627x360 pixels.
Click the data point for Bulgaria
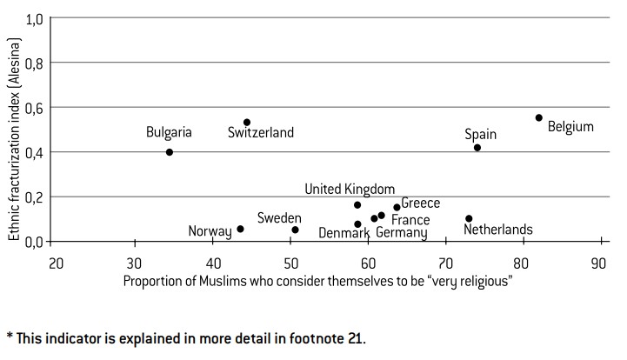[x=170, y=152]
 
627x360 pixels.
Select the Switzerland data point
[x=247, y=123]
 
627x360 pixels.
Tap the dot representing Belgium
[x=539, y=117]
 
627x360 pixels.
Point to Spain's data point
[x=477, y=148]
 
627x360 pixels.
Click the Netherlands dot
[x=469, y=218]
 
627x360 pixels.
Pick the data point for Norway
[x=240, y=229]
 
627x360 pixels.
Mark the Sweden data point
[x=295, y=230]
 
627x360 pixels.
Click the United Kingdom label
[x=350, y=190]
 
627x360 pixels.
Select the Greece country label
[x=421, y=203]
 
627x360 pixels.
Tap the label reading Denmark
[x=345, y=233]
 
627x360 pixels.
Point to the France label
[x=410, y=220]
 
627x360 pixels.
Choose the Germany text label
[x=401, y=233]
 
